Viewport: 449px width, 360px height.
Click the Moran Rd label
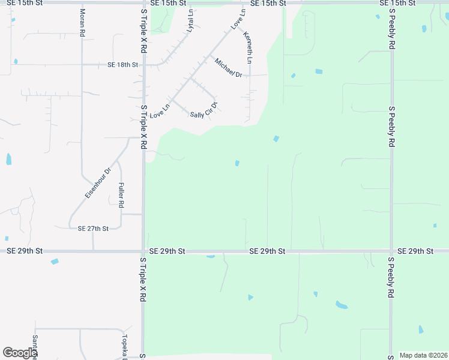(82, 23)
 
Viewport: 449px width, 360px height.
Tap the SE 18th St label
(122, 65)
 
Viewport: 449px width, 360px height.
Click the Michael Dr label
(228, 68)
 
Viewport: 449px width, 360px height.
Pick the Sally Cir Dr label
(203, 111)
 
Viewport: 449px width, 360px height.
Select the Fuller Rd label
(121, 196)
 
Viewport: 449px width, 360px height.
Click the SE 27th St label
(93, 229)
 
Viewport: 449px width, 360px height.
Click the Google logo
(20, 352)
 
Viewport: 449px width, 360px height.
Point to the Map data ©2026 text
(423, 355)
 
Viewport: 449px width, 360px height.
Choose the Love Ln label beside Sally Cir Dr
(160, 110)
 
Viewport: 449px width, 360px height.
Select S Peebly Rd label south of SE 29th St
(391, 278)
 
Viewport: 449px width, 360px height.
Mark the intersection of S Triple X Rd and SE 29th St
(143, 251)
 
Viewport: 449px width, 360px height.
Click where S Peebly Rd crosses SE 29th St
(391, 251)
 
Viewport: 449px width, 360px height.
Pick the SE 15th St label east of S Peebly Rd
(414, 4)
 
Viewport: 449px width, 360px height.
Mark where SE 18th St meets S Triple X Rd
(143, 65)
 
